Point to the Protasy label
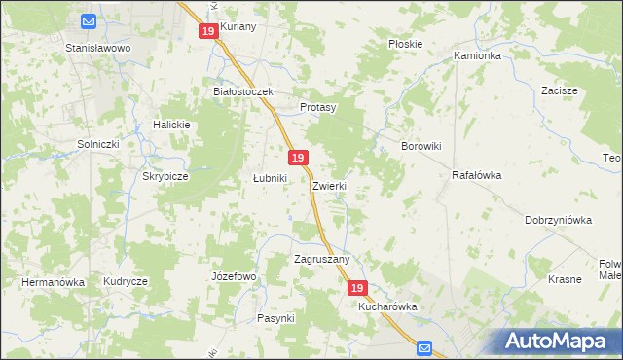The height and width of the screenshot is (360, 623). click(317, 107)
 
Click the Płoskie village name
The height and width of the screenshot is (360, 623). click(405, 44)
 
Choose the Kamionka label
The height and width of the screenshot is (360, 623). click(477, 56)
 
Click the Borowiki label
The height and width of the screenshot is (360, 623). click(422, 146)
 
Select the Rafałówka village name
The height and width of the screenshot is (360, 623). click(476, 176)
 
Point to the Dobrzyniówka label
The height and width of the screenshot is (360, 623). click(558, 220)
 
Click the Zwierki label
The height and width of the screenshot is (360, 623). click(330, 185)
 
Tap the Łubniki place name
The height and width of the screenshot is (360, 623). click(270, 178)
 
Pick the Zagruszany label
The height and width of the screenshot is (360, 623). click(321, 259)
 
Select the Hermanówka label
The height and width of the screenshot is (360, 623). click(54, 282)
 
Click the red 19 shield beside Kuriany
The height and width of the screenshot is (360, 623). click(207, 31)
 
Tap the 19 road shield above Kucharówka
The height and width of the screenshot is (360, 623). click(357, 288)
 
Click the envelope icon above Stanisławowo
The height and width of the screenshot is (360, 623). click(89, 21)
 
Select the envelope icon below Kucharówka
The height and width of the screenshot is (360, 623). click(424, 346)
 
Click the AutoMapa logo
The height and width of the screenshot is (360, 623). click(559, 341)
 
